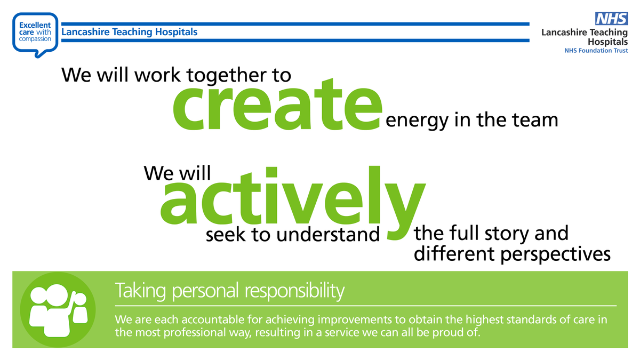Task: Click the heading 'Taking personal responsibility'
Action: (x=229, y=292)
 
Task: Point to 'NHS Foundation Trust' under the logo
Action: (x=596, y=50)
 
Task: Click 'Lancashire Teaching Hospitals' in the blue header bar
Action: (x=130, y=32)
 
